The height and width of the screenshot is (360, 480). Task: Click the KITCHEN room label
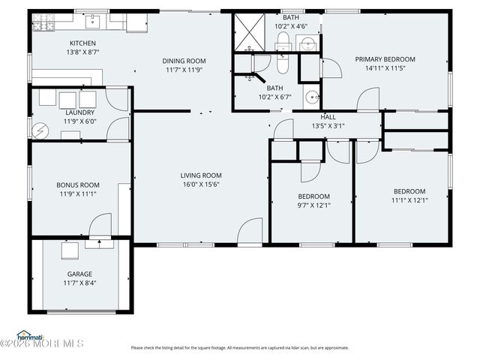[x=82, y=43]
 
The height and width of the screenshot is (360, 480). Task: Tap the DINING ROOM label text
[x=184, y=61]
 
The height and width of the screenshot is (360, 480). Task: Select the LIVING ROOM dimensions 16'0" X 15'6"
[x=201, y=185]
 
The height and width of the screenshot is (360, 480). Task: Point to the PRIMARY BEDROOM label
[x=385, y=59]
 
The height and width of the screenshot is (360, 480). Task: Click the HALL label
[x=328, y=117]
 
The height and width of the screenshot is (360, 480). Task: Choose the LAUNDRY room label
[x=80, y=112]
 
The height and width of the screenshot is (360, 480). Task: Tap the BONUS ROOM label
[x=78, y=184]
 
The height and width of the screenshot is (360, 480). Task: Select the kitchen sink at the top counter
[x=95, y=20]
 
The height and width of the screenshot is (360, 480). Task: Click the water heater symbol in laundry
[x=40, y=129]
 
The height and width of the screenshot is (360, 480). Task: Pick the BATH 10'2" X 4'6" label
[x=290, y=21]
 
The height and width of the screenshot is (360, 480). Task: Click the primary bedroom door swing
[x=369, y=100]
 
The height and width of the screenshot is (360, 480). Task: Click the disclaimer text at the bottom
[x=239, y=347]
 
